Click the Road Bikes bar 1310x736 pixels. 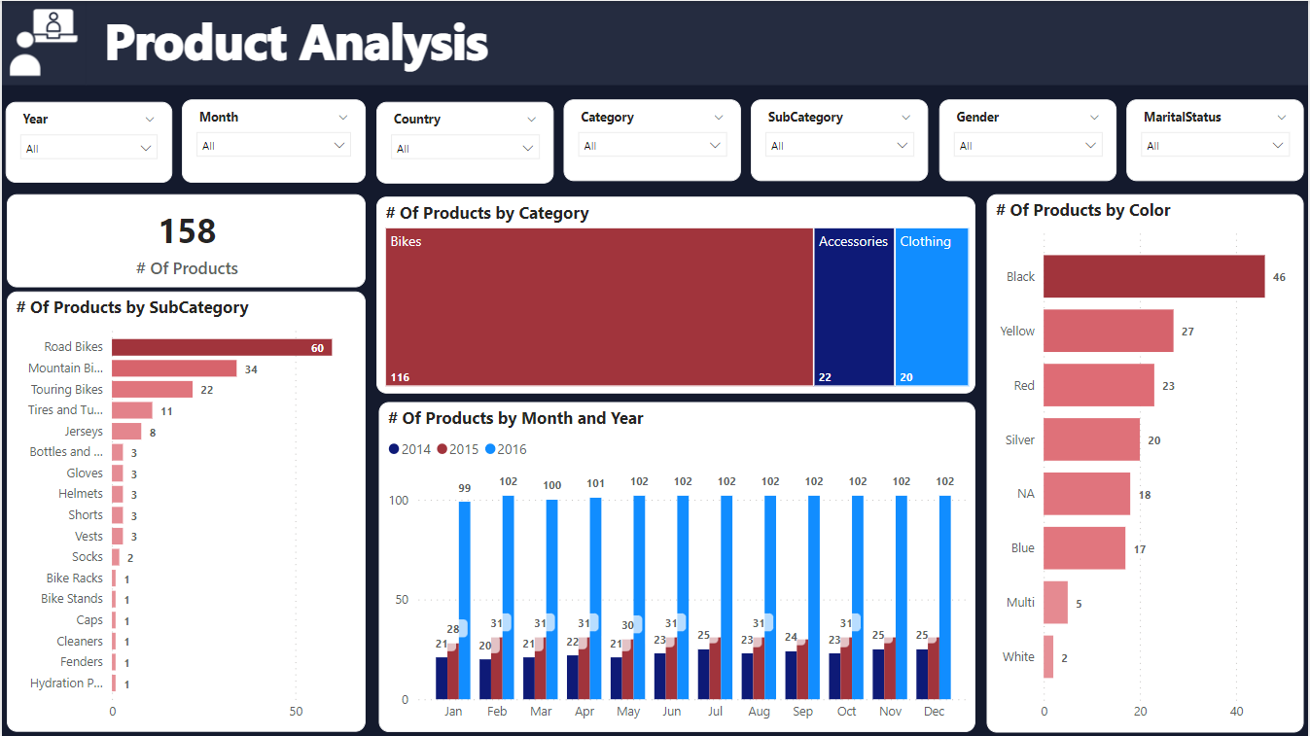point(221,347)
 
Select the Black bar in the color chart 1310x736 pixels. point(1153,277)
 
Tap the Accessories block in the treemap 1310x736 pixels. point(853,306)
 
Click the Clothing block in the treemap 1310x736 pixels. point(931,306)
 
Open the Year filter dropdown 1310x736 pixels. point(89,149)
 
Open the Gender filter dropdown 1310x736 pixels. point(1028,146)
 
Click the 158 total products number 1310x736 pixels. point(187,231)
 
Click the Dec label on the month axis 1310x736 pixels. point(934,712)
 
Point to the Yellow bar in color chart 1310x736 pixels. point(1108,332)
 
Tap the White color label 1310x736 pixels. point(1018,657)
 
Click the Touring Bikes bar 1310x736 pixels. point(152,389)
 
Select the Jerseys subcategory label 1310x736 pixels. point(84,431)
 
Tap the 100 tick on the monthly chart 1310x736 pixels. point(398,501)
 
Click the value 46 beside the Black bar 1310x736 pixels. point(1279,277)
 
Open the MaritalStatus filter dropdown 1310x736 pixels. point(1215,146)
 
